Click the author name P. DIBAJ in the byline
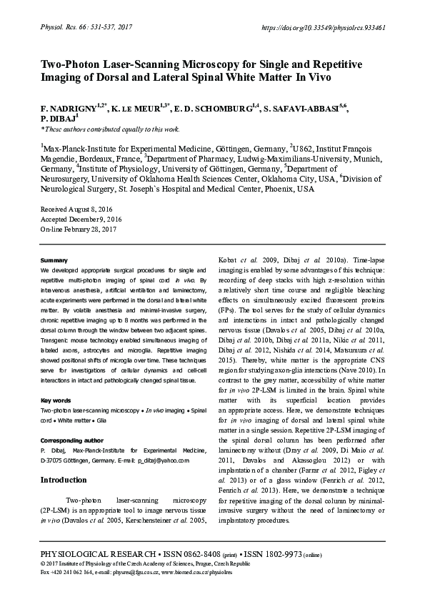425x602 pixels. pos(57,118)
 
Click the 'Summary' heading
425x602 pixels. pos(54,260)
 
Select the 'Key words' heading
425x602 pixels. pos(56,400)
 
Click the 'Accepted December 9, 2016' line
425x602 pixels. pos(81,218)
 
